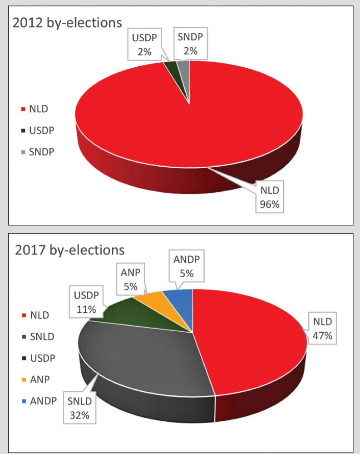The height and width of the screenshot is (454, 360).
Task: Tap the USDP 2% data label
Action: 144,44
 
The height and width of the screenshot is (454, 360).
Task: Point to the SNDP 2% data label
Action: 187,44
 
